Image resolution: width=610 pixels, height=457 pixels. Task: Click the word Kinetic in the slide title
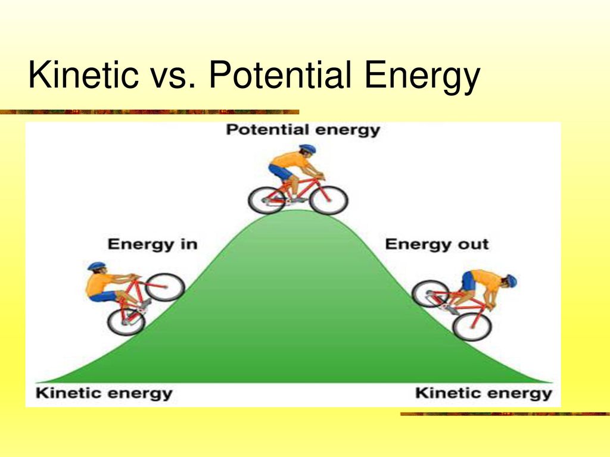click(x=83, y=74)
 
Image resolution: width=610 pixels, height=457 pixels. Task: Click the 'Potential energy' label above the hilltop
click(x=303, y=130)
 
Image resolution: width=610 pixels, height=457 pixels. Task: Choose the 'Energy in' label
click(x=152, y=245)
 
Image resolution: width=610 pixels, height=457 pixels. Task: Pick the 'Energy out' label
click(x=437, y=245)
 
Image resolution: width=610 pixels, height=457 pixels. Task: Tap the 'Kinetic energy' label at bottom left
click(x=104, y=393)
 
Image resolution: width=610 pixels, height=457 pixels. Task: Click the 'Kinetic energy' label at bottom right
click(x=484, y=393)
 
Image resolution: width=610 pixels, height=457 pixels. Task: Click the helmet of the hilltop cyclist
click(x=307, y=149)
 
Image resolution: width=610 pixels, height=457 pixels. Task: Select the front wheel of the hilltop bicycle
click(x=328, y=201)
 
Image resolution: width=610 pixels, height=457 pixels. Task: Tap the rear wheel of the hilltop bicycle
click(x=267, y=201)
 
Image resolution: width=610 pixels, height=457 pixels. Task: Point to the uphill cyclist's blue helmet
click(x=97, y=266)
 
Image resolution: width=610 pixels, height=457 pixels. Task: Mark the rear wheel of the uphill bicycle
click(x=126, y=322)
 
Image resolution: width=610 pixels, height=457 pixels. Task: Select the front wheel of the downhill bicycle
click(x=472, y=327)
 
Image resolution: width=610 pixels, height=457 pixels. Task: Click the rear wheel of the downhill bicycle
click(x=431, y=294)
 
